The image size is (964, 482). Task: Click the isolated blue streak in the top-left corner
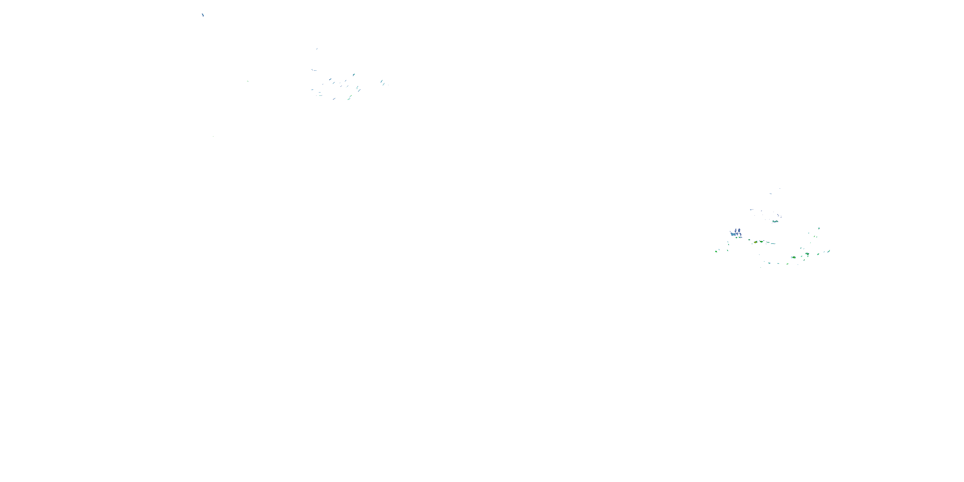pos(203,15)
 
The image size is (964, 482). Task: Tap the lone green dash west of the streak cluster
pos(247,81)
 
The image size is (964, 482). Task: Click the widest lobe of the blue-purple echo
pos(733,234)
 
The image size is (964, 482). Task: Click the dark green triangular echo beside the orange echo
pos(761,242)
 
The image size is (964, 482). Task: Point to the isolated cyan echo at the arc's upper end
pos(819,228)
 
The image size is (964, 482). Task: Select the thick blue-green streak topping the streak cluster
pos(354,75)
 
